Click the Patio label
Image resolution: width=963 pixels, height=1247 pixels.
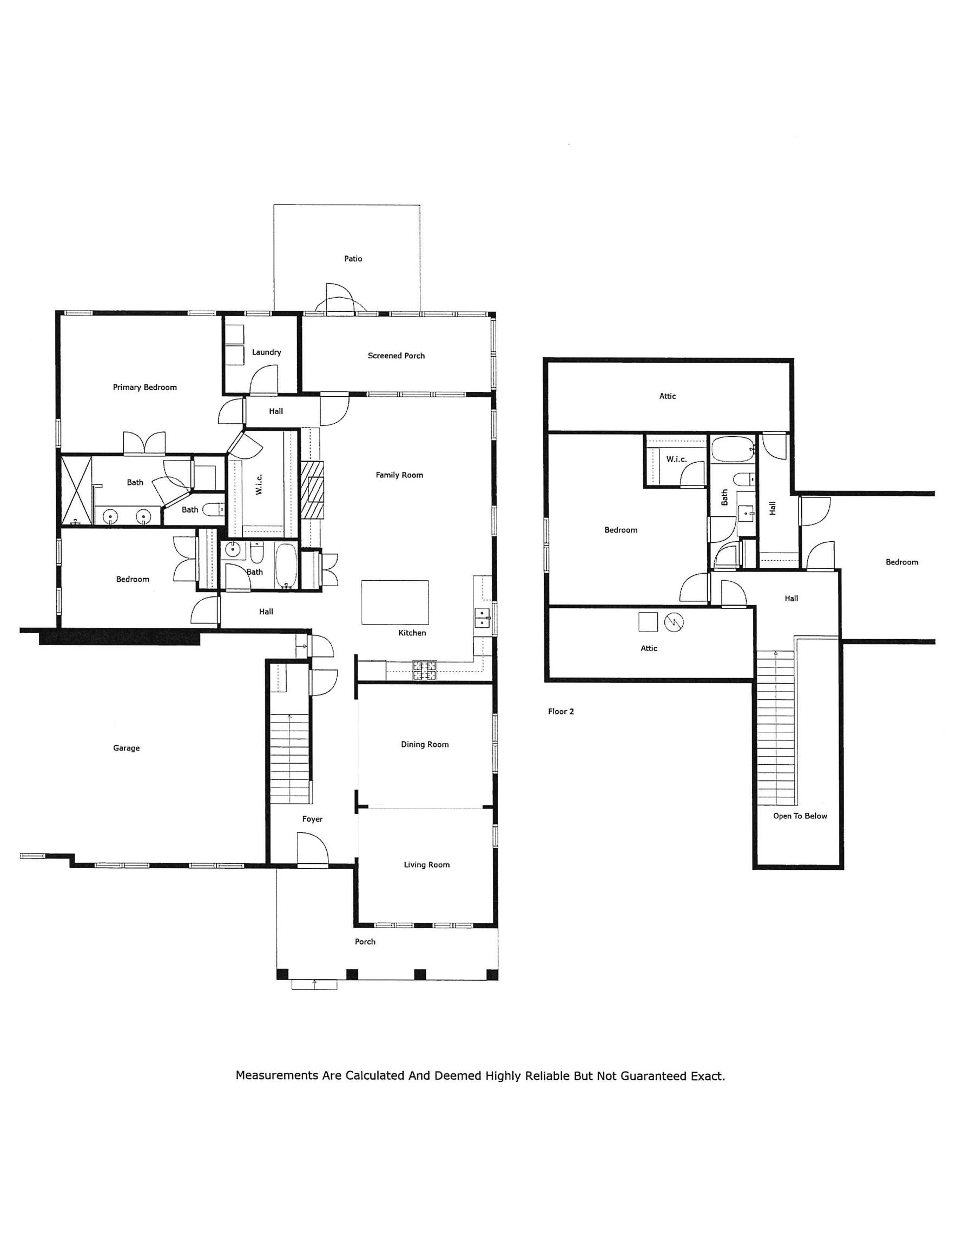353,259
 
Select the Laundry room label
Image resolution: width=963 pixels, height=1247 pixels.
266,352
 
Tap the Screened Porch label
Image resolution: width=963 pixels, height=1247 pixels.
396,356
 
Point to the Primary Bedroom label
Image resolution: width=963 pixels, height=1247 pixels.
144,387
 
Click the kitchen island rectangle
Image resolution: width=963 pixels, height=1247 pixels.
395,602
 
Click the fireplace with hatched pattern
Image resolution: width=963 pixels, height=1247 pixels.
313,489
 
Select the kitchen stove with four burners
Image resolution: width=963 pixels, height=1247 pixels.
425,671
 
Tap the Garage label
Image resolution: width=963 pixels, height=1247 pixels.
126,748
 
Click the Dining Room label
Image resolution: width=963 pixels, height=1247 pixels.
425,745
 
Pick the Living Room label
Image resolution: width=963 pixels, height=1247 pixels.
426,864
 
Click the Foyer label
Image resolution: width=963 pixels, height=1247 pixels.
312,819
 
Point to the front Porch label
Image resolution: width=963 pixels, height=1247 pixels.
365,942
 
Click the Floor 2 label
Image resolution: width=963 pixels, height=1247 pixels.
560,711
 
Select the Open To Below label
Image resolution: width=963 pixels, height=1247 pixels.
800,816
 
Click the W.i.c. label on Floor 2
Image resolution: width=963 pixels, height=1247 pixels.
676,459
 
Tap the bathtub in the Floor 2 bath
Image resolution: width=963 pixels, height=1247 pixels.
732,450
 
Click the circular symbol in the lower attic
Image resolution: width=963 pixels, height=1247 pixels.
674,622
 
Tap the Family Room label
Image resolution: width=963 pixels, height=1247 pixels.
399,475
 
